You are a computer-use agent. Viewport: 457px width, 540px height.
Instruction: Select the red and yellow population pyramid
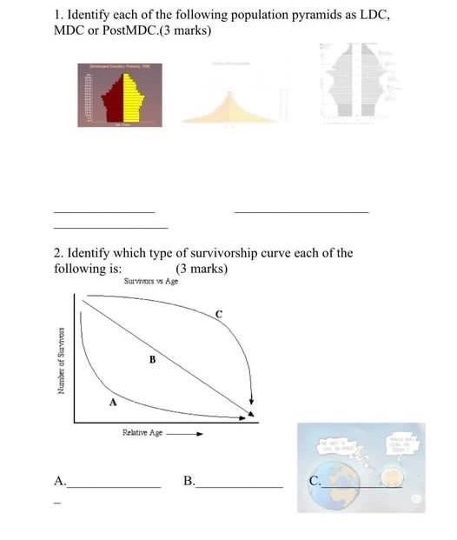(x=119, y=95)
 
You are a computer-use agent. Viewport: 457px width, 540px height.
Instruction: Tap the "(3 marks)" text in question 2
(x=202, y=269)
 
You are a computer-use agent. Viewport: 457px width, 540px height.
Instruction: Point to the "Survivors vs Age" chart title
(x=151, y=281)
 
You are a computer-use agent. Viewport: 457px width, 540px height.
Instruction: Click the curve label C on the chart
(x=219, y=313)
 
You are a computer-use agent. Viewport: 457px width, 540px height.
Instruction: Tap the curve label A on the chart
(x=111, y=403)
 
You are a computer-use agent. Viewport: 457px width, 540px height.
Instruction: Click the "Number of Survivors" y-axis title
(x=61, y=361)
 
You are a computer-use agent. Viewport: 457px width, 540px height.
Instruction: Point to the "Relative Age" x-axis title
(x=143, y=432)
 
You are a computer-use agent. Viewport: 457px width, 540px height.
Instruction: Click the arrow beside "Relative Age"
(x=185, y=432)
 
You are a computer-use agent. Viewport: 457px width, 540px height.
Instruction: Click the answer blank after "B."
(x=239, y=484)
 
